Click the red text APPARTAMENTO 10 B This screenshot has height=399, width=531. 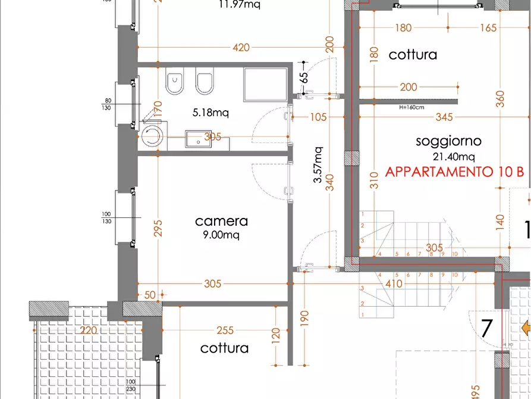[455, 172]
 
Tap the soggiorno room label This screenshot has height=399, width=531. [448, 141]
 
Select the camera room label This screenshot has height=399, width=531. [221, 221]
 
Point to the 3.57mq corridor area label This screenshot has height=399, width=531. [318, 165]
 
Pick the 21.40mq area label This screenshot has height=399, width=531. [454, 157]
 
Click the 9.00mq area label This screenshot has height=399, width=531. [221, 235]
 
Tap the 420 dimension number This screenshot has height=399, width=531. [241, 48]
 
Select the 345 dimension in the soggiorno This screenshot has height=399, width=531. [444, 117]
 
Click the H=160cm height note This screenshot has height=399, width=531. [411, 108]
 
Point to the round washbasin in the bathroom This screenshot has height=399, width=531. [153, 135]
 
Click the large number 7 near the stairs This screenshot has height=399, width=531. [487, 328]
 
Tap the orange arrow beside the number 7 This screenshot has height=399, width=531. [526, 328]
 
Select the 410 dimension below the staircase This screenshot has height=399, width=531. [394, 284]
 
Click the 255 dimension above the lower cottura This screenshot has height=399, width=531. [225, 330]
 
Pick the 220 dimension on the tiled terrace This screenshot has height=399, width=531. [88, 330]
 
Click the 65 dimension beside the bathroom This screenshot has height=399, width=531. [304, 77]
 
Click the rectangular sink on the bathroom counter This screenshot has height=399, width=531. [195, 138]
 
